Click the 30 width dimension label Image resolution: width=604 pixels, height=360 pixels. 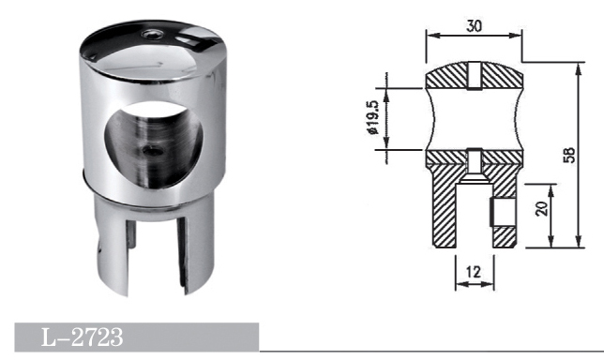[x=474, y=26]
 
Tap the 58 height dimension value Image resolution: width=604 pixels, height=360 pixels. [x=569, y=155]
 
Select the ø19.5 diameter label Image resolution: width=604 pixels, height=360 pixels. [x=373, y=118]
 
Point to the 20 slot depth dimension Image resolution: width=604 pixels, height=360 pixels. [x=541, y=208]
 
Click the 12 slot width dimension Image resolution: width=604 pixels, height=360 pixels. [x=474, y=272]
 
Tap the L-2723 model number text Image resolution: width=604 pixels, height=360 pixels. [x=82, y=337]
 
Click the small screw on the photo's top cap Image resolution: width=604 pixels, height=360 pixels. [x=151, y=35]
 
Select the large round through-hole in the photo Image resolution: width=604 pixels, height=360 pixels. [x=153, y=144]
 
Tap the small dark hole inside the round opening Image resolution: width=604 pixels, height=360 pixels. [x=151, y=151]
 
